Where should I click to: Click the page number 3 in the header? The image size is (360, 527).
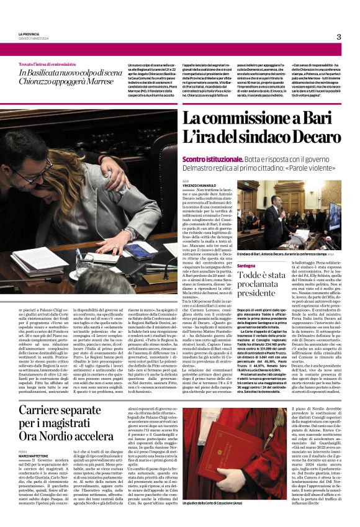click(x=339, y=37)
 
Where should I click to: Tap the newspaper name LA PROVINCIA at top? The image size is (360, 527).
click(x=29, y=34)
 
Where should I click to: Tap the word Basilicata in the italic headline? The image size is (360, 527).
click(x=52, y=74)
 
